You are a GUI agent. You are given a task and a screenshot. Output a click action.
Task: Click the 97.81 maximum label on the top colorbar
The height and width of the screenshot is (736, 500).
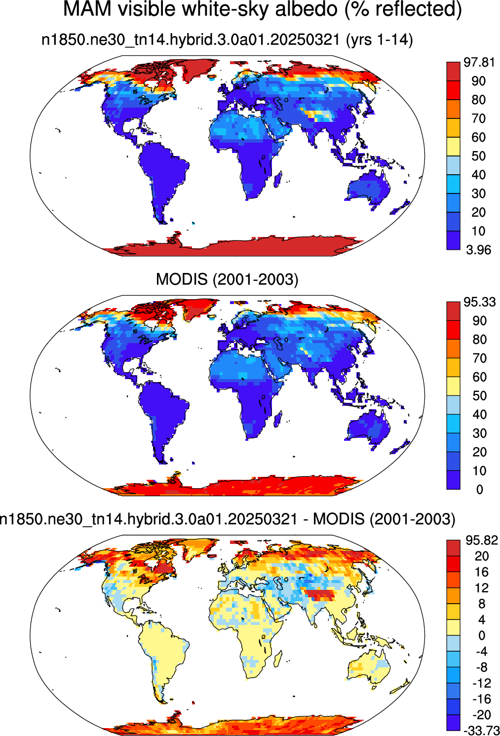(479, 62)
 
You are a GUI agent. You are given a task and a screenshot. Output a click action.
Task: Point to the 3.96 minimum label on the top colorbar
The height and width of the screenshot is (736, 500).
(479, 250)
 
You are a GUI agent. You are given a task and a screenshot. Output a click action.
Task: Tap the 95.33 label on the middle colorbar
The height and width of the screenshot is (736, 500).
(479, 302)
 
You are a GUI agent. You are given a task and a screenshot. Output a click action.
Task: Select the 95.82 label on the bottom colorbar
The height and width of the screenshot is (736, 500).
(482, 540)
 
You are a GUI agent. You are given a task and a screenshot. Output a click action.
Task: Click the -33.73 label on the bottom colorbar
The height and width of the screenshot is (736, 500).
(481, 730)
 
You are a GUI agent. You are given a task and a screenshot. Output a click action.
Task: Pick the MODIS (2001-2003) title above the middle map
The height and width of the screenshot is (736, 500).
(227, 279)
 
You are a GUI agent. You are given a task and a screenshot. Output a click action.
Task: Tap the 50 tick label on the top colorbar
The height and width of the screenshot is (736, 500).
(478, 156)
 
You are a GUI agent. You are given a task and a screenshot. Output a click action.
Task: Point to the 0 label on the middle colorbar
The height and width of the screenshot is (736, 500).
(480, 490)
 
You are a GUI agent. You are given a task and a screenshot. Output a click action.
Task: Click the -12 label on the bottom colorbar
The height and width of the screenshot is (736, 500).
(481, 683)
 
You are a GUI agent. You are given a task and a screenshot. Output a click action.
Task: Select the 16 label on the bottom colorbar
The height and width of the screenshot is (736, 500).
(482, 572)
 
